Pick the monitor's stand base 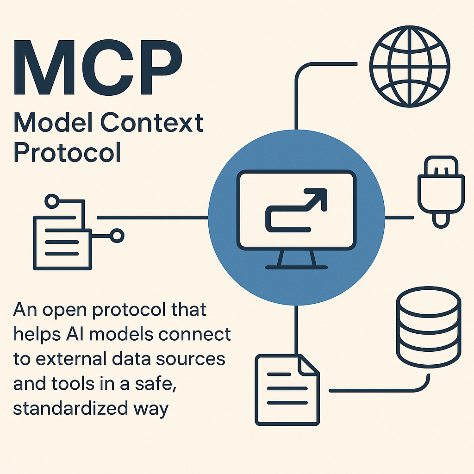[296, 267]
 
